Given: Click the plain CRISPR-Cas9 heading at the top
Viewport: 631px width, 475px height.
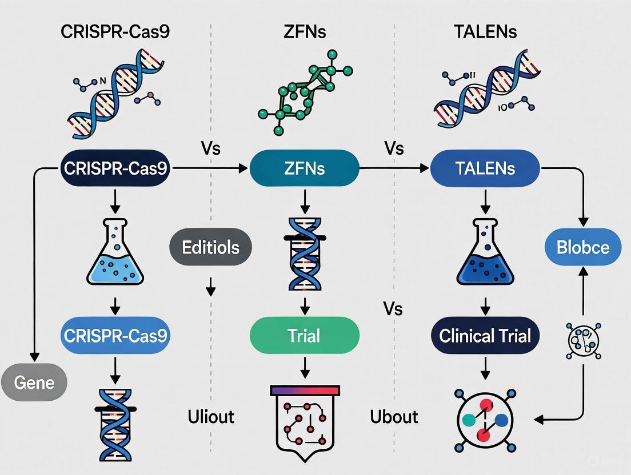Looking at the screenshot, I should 115,31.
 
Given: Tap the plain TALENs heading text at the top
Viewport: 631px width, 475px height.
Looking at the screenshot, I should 485,31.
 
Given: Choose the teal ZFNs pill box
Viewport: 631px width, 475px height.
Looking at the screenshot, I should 305,168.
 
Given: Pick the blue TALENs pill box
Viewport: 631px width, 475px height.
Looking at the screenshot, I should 485,168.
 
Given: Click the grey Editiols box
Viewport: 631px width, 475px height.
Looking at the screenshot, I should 210,247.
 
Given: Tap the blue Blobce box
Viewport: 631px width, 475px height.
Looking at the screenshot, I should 582,247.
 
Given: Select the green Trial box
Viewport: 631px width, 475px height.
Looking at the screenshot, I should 305,335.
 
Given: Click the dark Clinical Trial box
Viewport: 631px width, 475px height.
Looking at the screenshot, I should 485,335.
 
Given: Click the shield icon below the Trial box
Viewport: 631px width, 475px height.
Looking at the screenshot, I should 305,422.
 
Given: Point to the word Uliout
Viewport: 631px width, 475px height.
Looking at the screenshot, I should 211,417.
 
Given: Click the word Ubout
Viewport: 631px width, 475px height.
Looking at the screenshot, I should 394,417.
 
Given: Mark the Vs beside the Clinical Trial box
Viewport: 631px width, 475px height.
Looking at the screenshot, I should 393,309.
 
